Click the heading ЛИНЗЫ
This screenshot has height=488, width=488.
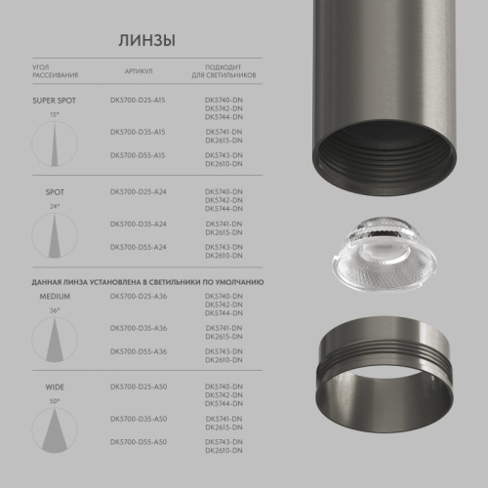146,41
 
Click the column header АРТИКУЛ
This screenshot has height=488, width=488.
139,71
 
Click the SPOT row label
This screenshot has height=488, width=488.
55,192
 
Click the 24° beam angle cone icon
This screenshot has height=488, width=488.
55,234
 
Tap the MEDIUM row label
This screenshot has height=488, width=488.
55,295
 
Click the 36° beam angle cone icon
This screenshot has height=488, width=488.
55,338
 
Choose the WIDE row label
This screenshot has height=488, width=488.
55,387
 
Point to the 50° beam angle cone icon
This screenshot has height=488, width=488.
55,430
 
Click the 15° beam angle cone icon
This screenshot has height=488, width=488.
55,142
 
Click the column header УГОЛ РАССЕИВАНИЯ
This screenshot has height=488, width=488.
55,71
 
